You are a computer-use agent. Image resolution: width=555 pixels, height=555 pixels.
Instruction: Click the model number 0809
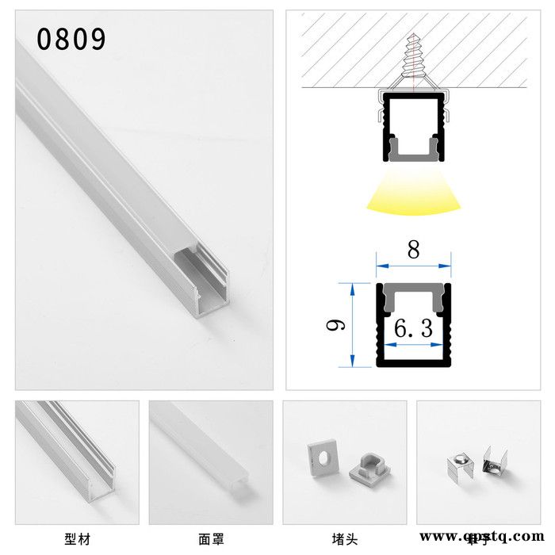71,39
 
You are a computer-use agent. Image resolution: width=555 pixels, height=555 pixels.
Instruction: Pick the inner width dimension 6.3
413,328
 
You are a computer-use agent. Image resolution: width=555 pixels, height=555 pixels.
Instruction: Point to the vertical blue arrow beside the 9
346,324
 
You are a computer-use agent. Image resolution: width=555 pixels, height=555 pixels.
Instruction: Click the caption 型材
78,539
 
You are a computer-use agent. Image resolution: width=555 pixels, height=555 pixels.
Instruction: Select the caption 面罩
211,539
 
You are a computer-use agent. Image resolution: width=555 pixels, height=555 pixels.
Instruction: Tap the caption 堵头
345,539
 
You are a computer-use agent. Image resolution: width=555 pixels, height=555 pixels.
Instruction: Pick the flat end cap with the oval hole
323,457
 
